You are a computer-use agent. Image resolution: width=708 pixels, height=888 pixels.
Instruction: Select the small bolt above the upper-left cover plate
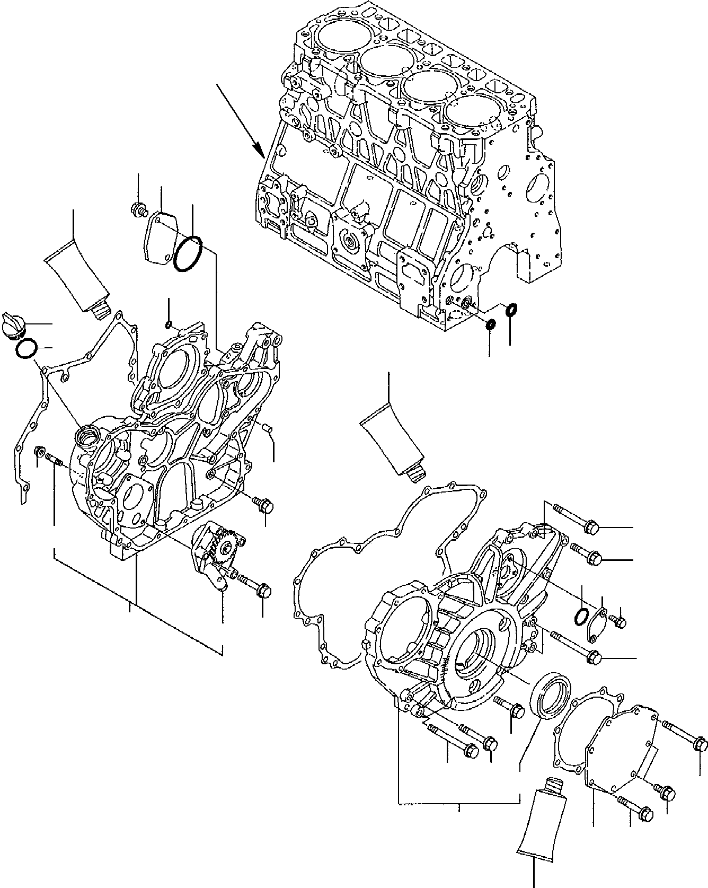pyautogui.click(x=138, y=210)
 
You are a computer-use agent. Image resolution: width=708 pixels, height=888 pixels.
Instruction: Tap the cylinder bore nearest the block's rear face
pyautogui.click(x=465, y=115)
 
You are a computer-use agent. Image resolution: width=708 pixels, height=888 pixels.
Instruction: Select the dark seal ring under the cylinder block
pyautogui.click(x=490, y=324)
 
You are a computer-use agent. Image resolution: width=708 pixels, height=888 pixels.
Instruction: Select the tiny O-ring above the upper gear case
pyautogui.click(x=169, y=324)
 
